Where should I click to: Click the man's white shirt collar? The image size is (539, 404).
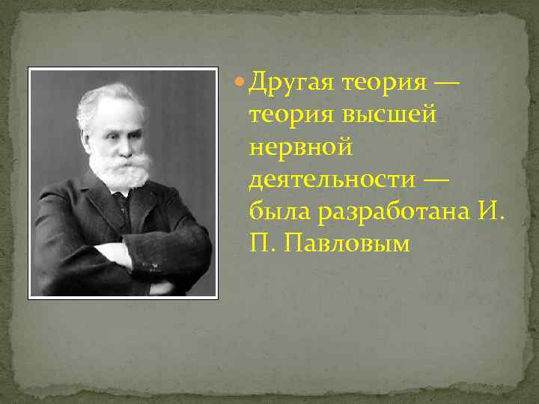[x=120, y=192]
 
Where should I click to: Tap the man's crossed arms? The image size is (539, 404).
[x=127, y=258]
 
